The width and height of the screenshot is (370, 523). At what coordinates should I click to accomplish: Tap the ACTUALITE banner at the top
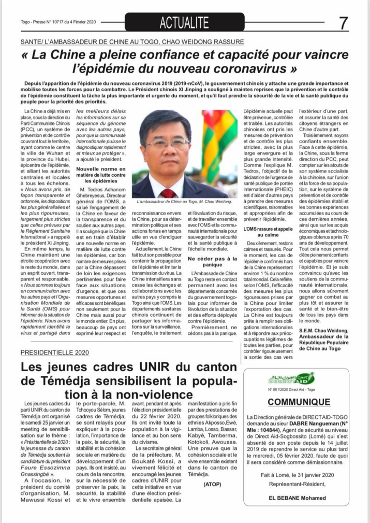(184, 22)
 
